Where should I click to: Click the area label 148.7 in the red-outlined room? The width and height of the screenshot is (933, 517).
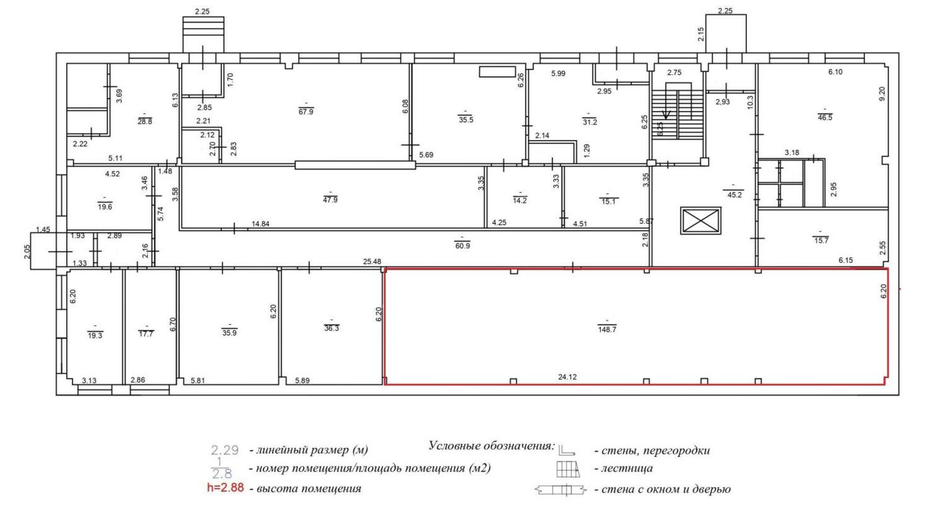coord(607,329)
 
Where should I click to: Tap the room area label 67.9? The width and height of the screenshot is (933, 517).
coord(306,112)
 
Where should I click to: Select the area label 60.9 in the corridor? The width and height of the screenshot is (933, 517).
coord(463,246)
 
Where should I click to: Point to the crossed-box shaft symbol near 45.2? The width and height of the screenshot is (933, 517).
coord(700,221)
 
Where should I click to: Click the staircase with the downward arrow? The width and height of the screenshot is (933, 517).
coord(678,111)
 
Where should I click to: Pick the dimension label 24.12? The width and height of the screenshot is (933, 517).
coord(567,377)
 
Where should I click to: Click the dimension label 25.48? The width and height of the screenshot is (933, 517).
coord(372,262)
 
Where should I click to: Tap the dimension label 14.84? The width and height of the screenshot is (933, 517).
coord(260,224)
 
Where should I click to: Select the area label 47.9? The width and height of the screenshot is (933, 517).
coord(330,200)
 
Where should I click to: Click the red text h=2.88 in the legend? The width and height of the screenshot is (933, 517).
coord(225,488)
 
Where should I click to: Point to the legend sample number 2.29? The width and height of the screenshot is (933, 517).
coord(225,450)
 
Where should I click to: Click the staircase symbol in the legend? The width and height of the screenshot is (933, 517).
coord(569,469)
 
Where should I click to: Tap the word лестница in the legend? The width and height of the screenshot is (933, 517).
coord(627,468)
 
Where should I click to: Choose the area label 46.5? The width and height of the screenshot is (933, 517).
coord(825,117)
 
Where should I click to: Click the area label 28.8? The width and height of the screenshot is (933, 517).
coord(145,122)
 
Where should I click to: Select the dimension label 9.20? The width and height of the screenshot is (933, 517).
coord(882,93)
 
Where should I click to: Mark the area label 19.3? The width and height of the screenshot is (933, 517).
coord(95,335)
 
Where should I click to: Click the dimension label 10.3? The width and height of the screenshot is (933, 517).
coord(751,102)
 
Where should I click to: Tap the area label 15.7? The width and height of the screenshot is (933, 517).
coord(821,240)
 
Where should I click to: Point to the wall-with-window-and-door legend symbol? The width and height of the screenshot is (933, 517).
coord(561,490)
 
